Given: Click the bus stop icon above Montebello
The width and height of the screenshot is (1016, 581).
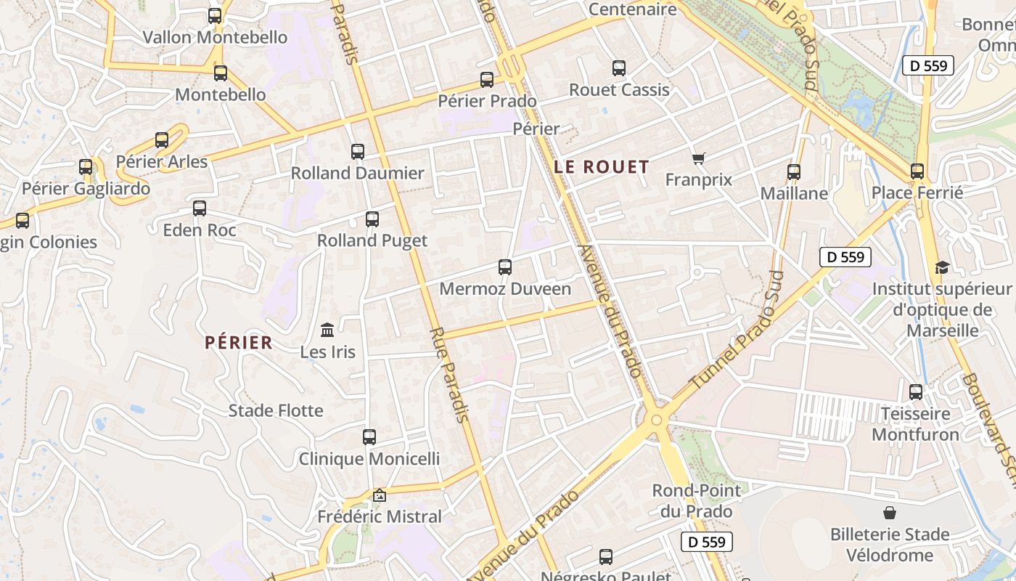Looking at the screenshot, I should tap(221, 73).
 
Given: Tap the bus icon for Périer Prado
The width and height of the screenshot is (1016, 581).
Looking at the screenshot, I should tap(487, 79).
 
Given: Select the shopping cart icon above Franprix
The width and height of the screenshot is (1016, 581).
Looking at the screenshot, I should tap(698, 158).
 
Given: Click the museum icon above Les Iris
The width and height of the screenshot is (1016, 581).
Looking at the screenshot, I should tap(327, 330).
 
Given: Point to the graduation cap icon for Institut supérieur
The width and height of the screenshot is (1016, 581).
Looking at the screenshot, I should tap(942, 267).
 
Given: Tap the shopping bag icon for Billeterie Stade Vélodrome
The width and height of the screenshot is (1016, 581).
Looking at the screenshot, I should tap(890, 513).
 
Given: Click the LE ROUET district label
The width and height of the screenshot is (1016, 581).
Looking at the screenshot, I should tap(601, 166).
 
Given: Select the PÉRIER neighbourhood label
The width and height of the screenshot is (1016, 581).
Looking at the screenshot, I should tap(239, 342).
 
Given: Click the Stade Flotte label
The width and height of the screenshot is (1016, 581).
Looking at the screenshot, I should tap(276, 410).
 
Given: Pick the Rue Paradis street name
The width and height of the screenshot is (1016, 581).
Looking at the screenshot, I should tap(448, 375).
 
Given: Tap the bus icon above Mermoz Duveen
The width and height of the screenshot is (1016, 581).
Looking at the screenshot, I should tap(505, 267).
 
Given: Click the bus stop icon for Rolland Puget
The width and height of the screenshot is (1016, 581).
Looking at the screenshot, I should tap(372, 219).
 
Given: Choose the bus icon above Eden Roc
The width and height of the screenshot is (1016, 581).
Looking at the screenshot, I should tap(200, 208).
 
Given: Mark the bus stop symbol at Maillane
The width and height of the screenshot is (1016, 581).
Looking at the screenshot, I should tap(794, 172).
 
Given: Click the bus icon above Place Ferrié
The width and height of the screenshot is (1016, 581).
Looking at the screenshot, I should tap(917, 171).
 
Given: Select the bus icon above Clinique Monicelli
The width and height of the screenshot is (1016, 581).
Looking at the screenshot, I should tap(369, 437).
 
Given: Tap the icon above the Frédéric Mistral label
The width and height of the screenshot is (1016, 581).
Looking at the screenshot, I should tap(379, 495).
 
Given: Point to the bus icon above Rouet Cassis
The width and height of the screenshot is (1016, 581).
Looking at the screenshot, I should tap(619, 68).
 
